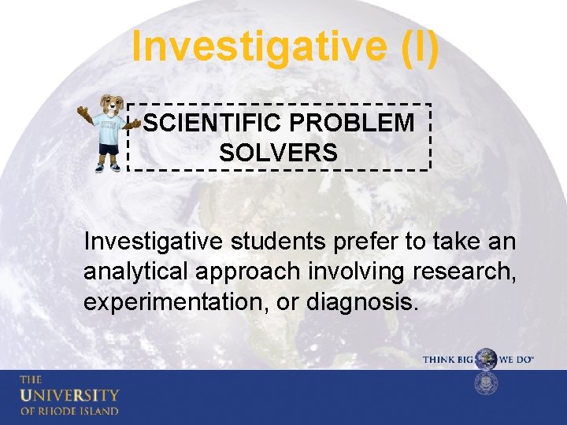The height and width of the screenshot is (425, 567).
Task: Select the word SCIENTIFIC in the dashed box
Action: [x=200, y=124]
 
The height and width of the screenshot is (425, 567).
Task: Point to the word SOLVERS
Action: [x=278, y=153]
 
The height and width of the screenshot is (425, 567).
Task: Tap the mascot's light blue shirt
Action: [x=107, y=130]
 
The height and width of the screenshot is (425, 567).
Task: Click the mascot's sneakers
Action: [x=107, y=166]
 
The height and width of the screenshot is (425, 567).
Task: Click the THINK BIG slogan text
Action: [x=448, y=359]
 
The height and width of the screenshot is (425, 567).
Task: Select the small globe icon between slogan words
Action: [x=487, y=359]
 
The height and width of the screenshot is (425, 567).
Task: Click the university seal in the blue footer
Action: [x=487, y=384]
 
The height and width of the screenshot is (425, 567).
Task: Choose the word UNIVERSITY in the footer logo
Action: [x=69, y=395]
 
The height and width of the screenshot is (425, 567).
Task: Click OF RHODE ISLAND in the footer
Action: [x=69, y=411]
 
